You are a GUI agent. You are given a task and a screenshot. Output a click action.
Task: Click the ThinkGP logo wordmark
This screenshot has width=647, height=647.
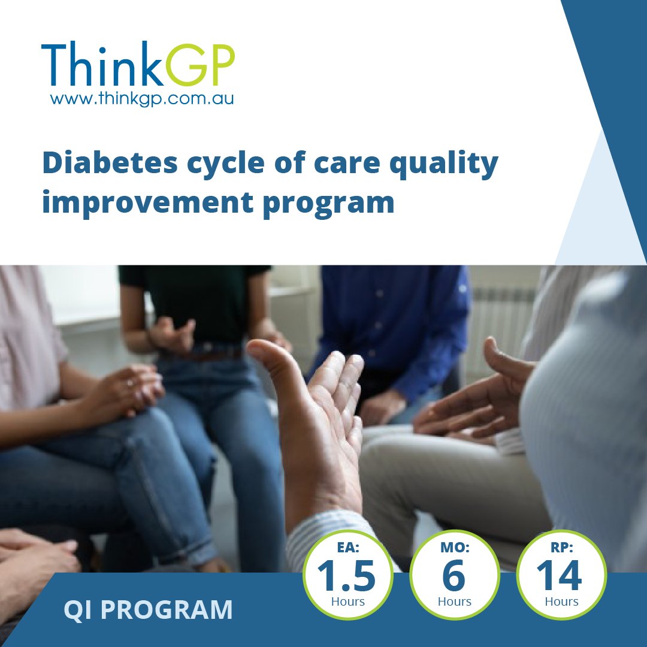[x=138, y=65]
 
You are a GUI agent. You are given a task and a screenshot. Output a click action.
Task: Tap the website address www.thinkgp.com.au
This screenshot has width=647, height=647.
[x=142, y=98]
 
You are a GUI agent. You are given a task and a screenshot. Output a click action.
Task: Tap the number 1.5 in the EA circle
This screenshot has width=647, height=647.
[x=347, y=576]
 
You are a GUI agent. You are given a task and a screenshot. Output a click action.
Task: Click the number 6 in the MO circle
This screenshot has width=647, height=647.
[x=454, y=576]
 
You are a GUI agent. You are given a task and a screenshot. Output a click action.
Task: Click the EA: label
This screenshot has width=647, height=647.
[x=347, y=548]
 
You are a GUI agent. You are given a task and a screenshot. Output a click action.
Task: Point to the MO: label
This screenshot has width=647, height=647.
[x=454, y=548]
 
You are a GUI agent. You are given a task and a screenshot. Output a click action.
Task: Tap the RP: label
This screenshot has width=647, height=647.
[x=561, y=548]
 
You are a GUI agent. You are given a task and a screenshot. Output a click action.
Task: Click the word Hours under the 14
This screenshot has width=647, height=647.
[x=561, y=601]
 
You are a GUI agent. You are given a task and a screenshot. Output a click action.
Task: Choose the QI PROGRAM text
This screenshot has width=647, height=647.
[x=148, y=610]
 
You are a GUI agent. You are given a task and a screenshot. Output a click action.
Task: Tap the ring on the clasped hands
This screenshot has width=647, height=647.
[x=130, y=382]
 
